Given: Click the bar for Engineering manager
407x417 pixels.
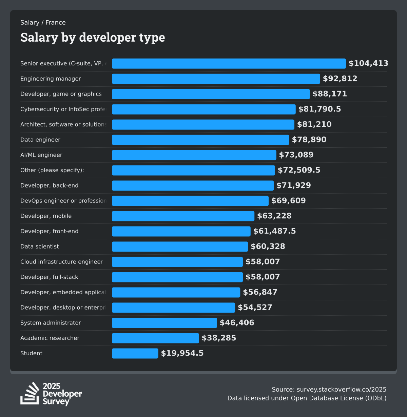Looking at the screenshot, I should (x=216, y=79).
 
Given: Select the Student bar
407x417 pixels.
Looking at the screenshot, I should (x=135, y=353).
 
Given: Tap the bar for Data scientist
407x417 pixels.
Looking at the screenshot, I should (x=180, y=246).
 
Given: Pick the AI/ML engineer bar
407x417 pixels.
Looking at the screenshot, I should (x=194, y=155).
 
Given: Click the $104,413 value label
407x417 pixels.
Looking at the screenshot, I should (x=368, y=63).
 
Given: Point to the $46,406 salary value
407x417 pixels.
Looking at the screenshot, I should (x=237, y=323).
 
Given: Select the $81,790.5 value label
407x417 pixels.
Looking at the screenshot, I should (x=319, y=109).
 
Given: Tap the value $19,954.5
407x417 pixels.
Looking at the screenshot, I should (x=182, y=353).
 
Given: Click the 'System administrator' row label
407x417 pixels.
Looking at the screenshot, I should (x=51, y=323).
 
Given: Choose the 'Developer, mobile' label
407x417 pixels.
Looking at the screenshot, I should (x=46, y=216).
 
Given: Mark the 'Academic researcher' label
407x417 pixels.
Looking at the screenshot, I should (x=50, y=338).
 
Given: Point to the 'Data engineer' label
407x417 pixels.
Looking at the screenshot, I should (x=40, y=140).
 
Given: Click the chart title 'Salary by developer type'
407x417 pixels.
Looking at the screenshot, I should (x=93, y=37).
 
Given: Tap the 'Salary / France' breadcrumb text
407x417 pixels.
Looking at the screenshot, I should (x=43, y=23).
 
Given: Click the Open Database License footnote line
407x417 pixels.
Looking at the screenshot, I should (x=307, y=398).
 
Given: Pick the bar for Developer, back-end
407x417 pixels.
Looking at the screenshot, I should (x=193, y=185).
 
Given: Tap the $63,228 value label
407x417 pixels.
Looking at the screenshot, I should (x=274, y=216).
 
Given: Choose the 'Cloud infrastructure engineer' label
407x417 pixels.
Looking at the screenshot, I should (x=61, y=262).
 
